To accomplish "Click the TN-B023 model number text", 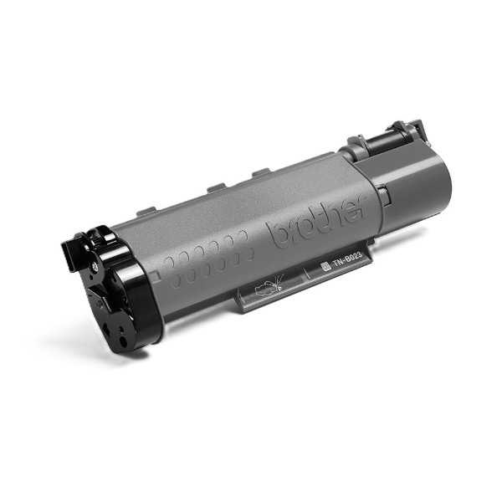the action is point(347,259).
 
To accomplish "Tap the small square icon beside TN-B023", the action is point(325,266).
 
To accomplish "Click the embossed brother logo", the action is point(317,222).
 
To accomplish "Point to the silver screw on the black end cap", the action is point(95,265).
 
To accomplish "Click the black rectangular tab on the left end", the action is point(68,255).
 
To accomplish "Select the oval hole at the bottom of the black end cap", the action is point(123,341).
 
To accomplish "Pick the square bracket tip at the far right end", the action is point(417,127).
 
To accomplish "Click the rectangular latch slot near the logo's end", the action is point(383,195).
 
